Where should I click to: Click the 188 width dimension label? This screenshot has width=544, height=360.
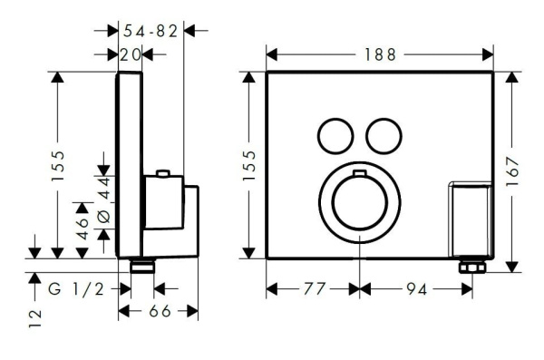point(379,54)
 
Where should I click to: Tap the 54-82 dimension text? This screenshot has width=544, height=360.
point(150,31)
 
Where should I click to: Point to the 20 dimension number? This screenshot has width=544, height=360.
point(131,54)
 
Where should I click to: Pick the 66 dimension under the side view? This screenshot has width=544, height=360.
point(159,311)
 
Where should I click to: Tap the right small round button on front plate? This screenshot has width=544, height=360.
point(380,135)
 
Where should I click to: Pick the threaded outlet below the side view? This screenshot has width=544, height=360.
point(143,267)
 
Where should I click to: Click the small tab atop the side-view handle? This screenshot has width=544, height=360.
point(162,172)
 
